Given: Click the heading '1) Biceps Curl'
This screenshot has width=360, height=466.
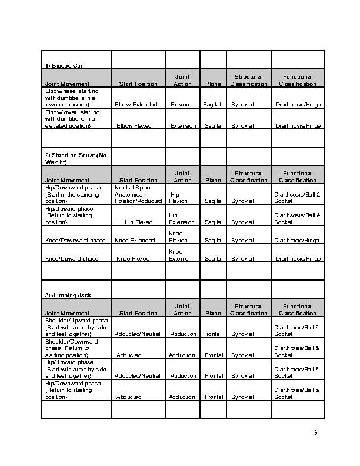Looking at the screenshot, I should [65, 65].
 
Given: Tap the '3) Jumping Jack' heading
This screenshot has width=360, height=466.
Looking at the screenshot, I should [68, 294].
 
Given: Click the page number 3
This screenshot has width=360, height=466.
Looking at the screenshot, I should [315, 433].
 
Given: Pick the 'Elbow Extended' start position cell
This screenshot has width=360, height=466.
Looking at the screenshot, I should [136, 105].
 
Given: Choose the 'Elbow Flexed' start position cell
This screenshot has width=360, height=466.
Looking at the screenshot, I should [134, 126].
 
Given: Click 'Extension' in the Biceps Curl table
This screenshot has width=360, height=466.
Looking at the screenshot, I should [182, 126].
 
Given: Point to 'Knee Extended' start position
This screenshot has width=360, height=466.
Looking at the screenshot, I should [134, 241].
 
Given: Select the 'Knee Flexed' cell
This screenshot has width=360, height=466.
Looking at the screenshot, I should [133, 259].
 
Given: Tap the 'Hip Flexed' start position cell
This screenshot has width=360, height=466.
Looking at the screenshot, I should [138, 222].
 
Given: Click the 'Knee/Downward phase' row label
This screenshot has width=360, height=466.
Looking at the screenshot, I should [75, 241].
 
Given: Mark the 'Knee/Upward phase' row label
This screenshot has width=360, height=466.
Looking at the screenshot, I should [72, 259].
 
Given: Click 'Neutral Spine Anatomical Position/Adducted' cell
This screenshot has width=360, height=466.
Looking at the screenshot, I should [138, 194].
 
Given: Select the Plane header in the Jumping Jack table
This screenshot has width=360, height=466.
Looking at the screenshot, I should [213, 314].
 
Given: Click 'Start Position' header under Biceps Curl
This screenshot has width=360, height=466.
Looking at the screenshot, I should [138, 84].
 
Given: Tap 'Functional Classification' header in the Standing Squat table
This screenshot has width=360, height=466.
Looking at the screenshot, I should [298, 177].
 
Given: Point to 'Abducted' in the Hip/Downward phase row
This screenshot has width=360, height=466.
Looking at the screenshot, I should [129, 397].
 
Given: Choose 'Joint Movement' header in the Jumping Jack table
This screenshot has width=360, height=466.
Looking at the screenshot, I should [67, 314].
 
